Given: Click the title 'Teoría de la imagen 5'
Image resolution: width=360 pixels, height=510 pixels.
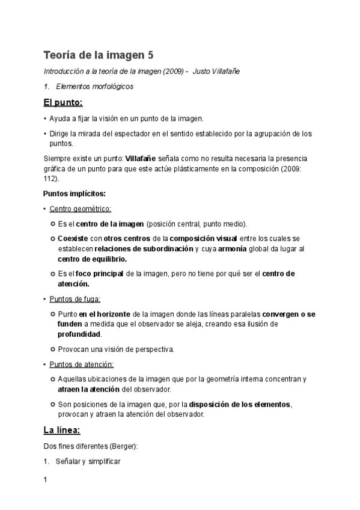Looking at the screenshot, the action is tap(99, 55).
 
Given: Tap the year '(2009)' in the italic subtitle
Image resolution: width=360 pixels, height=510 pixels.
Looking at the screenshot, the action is tap(171, 71).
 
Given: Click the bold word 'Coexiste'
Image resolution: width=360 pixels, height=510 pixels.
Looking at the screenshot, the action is tap(73, 239).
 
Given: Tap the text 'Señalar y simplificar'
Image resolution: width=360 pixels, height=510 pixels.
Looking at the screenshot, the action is tap(88, 461).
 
